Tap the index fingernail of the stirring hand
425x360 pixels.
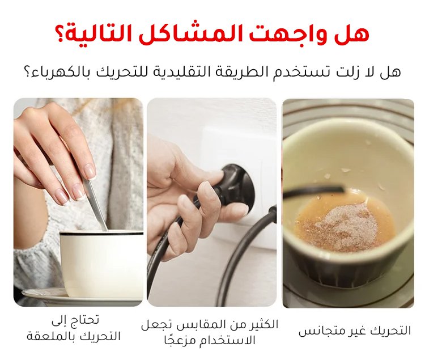[89, 171]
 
